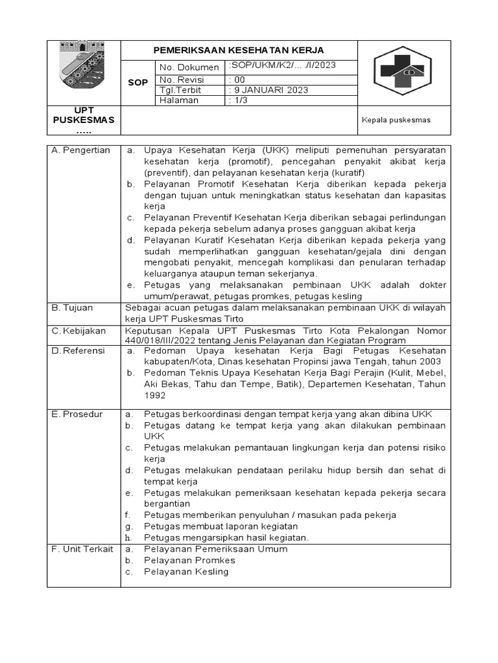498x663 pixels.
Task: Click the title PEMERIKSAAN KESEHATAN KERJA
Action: [238, 51]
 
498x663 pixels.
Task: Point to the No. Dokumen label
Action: [189, 67]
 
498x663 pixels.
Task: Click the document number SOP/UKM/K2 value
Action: [282, 66]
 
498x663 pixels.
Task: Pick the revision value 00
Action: [238, 80]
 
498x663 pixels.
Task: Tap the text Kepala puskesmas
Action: [396, 120]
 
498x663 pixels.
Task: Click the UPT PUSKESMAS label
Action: [84, 120]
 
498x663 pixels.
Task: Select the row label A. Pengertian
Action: [81, 150]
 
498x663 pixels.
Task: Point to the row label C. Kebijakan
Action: [78, 331]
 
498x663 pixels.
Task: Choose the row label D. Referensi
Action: [79, 350]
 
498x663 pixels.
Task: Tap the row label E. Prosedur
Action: [77, 414]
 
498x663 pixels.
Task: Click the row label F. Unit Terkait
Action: [82, 549]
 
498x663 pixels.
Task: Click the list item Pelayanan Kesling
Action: [186, 572]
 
